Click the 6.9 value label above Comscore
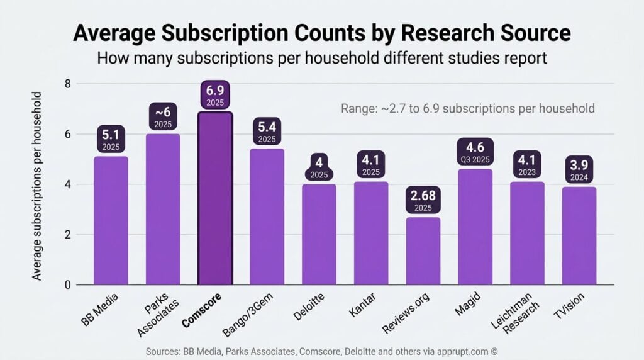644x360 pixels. (215, 95)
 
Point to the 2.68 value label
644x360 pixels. (423, 200)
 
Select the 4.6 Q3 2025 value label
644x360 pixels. (475, 152)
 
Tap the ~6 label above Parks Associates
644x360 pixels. (163, 118)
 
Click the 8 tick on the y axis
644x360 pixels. (67, 84)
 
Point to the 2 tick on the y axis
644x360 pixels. (67, 235)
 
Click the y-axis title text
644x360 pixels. (37, 186)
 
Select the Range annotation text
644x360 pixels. (467, 108)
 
